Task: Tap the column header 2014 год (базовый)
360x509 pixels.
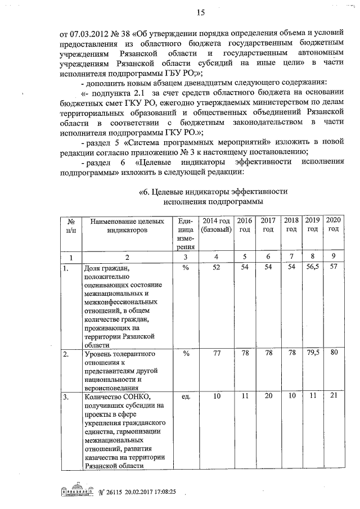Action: tap(216, 225)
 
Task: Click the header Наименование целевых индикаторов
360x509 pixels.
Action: tap(127, 225)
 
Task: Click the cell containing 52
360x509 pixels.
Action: tap(216, 268)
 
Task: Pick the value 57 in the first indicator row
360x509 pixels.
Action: tap(333, 268)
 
